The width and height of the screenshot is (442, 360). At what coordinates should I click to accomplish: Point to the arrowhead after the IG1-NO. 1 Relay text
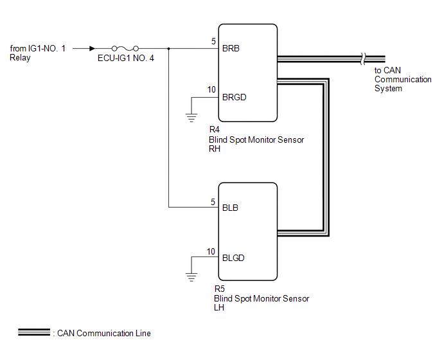[93, 48]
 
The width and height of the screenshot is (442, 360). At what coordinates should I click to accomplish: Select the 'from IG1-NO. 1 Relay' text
[38, 53]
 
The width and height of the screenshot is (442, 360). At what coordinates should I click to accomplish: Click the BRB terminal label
[231, 48]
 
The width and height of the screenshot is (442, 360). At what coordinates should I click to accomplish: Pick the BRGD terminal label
[234, 98]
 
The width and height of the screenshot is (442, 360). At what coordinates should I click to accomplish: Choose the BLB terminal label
[230, 208]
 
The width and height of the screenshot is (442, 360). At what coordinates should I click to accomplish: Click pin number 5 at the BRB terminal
[213, 42]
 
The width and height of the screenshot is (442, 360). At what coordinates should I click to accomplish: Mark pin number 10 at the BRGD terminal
[211, 89]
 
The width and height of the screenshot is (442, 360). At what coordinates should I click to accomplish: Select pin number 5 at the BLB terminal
[213, 202]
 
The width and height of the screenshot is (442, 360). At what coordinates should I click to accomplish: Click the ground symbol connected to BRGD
[190, 116]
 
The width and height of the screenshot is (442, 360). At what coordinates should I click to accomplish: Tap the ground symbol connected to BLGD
[190, 276]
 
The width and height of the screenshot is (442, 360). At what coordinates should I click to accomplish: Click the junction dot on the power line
[168, 48]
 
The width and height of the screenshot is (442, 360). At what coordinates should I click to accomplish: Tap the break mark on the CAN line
[364, 58]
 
